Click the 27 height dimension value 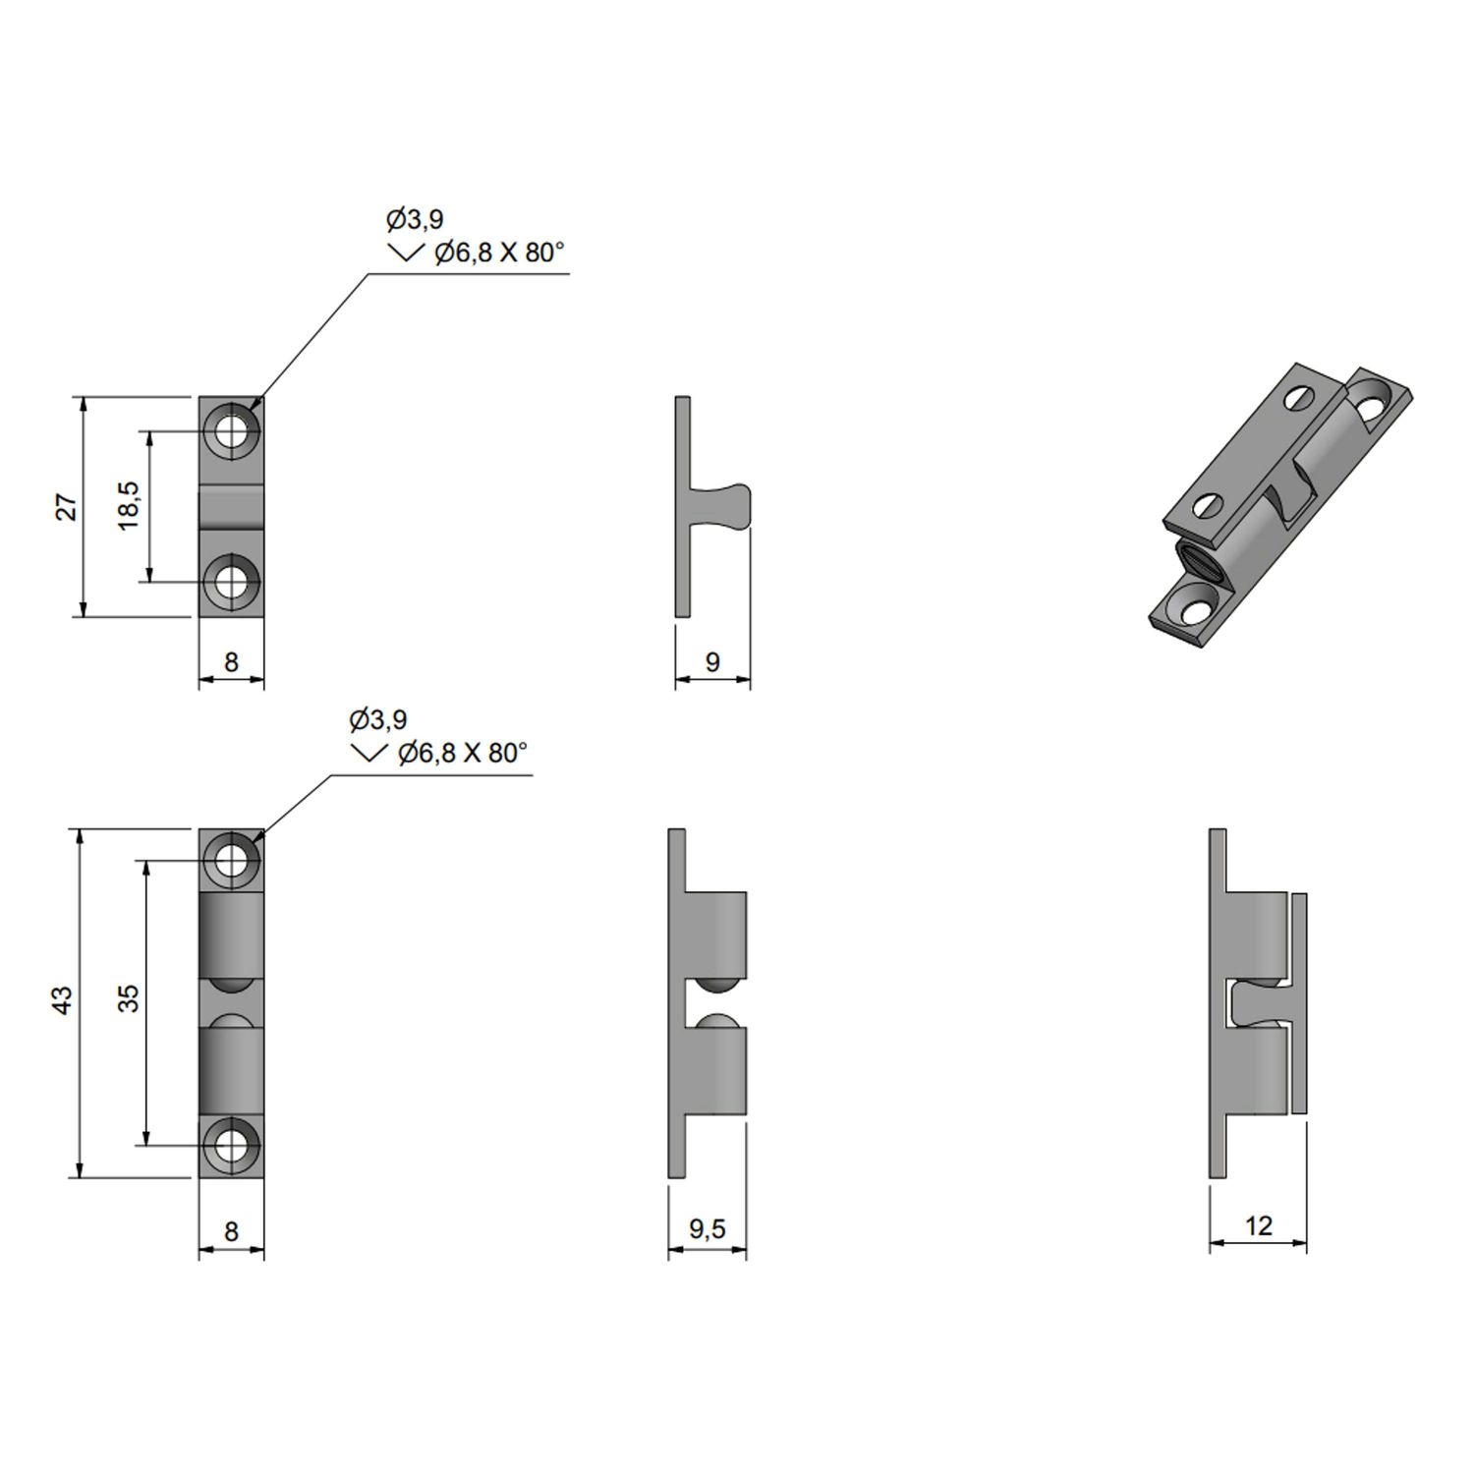(x=66, y=507)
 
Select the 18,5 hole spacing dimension (x=130, y=506)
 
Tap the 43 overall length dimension (x=62, y=1000)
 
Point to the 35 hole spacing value (x=128, y=998)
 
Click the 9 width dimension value (x=712, y=661)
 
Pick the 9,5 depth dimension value (x=707, y=1228)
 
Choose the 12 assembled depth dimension (x=1258, y=1225)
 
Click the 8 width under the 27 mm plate (x=231, y=661)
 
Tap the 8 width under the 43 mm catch (x=231, y=1231)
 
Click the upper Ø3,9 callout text (x=415, y=219)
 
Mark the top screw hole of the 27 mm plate (x=232, y=430)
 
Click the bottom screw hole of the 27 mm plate (x=232, y=582)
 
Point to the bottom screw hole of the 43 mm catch (x=232, y=1145)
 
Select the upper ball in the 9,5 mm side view (x=716, y=987)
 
